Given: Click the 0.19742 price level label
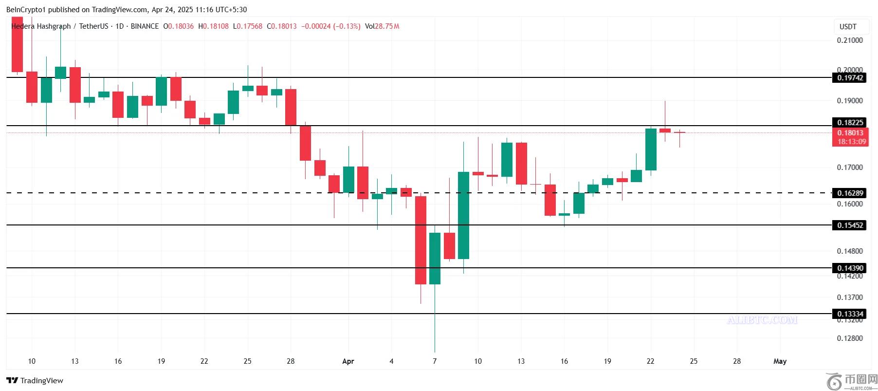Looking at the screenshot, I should [x=850, y=77].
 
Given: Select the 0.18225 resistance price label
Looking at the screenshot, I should [x=850, y=123].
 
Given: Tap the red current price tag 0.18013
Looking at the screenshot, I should [x=850, y=132].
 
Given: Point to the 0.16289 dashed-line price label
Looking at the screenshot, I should [x=850, y=193].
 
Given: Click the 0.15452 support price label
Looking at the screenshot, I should [x=850, y=225].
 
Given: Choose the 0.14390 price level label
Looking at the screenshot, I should [x=850, y=268].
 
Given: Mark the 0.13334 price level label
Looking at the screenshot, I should [x=850, y=314].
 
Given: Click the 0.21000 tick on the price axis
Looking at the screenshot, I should [x=850, y=40].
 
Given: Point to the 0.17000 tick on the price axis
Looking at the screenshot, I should [x=850, y=168].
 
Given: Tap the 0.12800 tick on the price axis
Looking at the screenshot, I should [x=850, y=338].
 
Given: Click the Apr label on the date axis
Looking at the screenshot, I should [x=348, y=361].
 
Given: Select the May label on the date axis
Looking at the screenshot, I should [x=780, y=361].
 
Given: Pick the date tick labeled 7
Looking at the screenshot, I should [x=435, y=361].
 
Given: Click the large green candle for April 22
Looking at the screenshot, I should [x=651, y=149].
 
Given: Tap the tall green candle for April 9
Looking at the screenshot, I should [x=463, y=215].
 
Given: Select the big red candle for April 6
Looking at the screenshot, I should [x=421, y=240].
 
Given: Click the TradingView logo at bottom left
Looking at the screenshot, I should [x=35, y=380].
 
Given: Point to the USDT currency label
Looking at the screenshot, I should [x=848, y=27].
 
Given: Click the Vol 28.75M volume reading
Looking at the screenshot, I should [x=382, y=26].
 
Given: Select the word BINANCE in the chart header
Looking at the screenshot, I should [x=145, y=26].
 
